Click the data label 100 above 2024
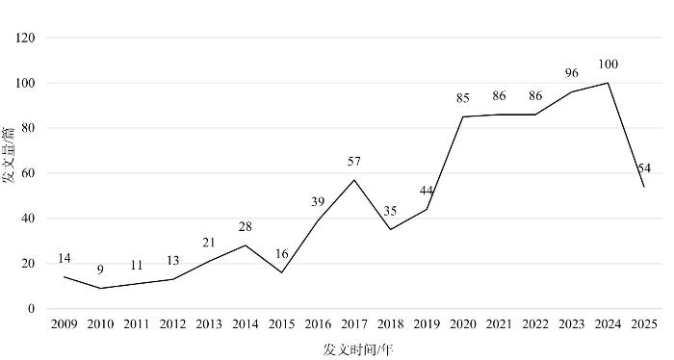608,64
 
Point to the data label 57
354,162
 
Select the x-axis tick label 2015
281,324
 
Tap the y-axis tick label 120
25,39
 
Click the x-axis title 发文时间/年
358,349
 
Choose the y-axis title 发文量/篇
9,155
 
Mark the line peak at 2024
608,83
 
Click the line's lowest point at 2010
100,288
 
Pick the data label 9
100,270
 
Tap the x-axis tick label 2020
463,324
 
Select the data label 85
463,98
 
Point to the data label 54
644,168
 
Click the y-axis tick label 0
31,309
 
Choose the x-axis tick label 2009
65,324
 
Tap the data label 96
572,73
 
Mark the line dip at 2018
390,229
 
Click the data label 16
281,254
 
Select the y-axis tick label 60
28,173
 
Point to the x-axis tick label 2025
644,324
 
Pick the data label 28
245,227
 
